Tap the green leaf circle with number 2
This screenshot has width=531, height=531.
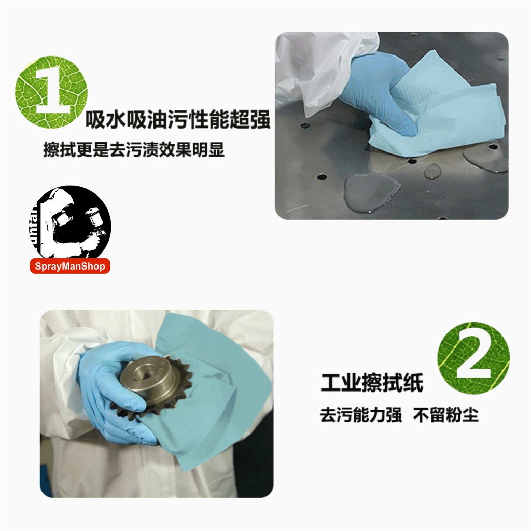point(473,358)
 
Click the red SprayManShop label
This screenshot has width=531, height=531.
point(70,266)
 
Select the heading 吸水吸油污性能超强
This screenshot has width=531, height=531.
point(178,120)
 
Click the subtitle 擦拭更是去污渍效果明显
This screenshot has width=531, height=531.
point(134,150)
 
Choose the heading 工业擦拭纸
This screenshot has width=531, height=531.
point(372,383)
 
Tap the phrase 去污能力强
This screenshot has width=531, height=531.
point(361,414)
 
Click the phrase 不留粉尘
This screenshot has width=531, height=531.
point(445,414)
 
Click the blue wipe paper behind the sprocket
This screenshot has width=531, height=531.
point(217,389)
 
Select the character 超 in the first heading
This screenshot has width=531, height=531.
point(239,120)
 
